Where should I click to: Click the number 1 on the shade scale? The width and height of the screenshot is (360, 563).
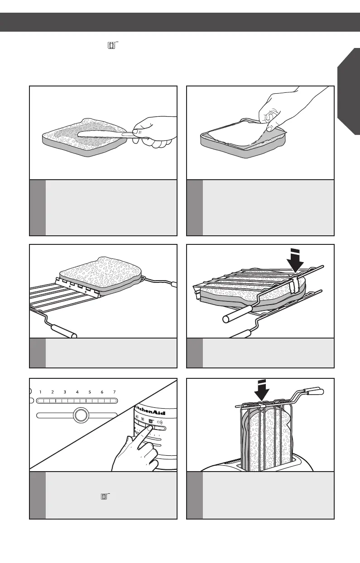(x=40, y=392)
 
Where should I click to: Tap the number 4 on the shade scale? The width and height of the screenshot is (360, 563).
(x=77, y=392)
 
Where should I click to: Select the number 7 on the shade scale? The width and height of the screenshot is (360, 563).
(x=115, y=392)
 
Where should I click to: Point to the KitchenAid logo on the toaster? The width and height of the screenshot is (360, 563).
(x=150, y=412)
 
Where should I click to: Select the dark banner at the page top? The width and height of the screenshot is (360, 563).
(x=180, y=22)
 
